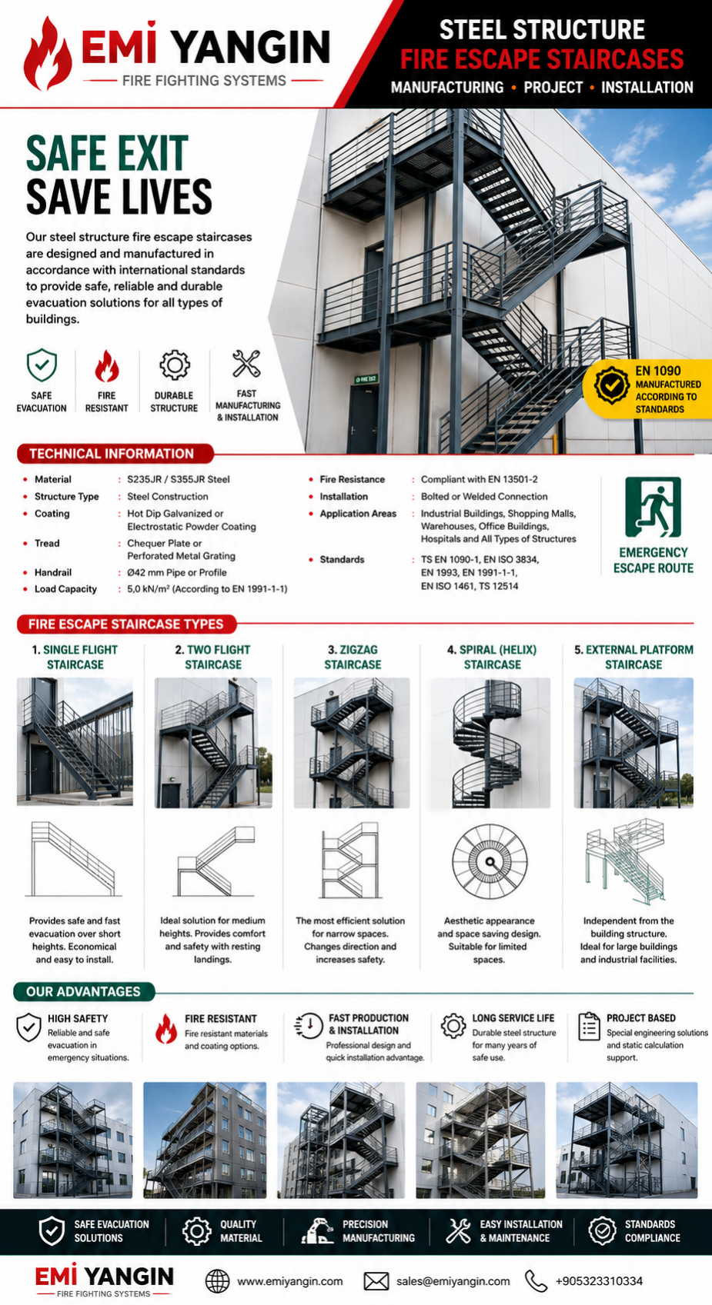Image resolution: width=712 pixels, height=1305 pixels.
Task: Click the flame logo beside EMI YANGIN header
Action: click(48, 54)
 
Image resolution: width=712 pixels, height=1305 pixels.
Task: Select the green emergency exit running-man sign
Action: click(653, 508)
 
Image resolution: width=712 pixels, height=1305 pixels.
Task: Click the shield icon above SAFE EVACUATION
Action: click(42, 365)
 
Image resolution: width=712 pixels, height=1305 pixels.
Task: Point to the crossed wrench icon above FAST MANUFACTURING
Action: click(246, 364)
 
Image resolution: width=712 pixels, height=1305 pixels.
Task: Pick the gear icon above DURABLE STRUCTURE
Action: click(175, 365)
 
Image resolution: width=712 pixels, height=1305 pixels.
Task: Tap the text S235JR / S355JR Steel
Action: click(179, 479)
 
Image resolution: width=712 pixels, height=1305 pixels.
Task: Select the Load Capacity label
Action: click(65, 589)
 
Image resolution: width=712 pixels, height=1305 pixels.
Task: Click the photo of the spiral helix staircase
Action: click(490, 742)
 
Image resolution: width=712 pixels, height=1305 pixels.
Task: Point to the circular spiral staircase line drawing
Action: click(490, 861)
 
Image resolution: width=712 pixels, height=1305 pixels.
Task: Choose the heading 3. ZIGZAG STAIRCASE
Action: click(353, 657)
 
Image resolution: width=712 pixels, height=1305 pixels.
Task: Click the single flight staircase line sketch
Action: click(73, 859)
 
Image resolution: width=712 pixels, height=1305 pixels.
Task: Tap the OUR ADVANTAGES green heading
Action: click(84, 991)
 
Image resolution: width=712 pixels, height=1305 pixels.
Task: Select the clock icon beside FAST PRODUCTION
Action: click(309, 1026)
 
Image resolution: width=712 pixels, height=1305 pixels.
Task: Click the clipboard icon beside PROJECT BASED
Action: click(589, 1026)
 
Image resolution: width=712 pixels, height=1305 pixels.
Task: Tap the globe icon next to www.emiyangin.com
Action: click(218, 1281)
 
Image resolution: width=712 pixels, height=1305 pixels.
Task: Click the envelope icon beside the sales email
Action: click(376, 1281)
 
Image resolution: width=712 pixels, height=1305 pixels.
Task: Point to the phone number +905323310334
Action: click(599, 1281)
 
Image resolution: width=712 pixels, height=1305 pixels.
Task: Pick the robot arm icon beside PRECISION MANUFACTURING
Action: click(317, 1231)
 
